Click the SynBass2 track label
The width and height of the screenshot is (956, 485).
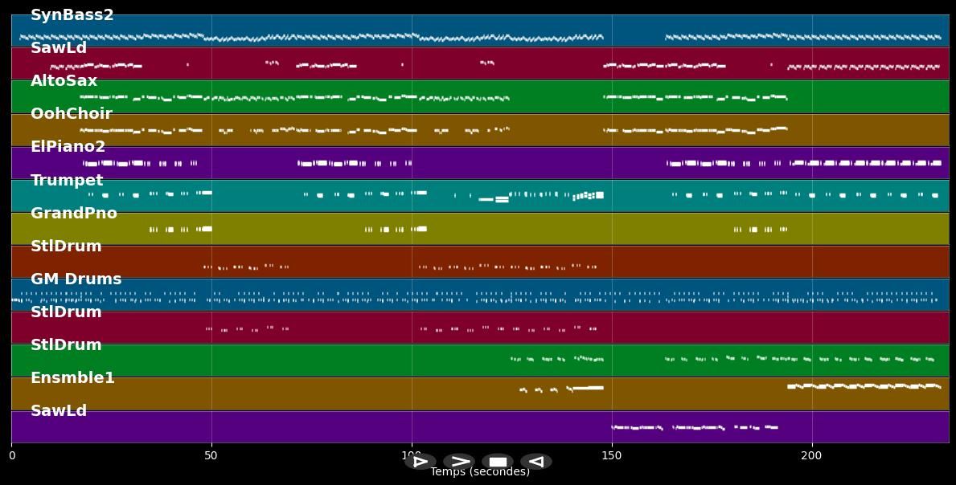tap(72, 15)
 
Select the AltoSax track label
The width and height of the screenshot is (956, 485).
tap(64, 81)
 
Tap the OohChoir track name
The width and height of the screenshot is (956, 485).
tap(71, 114)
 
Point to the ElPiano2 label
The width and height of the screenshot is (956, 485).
tap(68, 147)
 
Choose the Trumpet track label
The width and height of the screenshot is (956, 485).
tap(67, 181)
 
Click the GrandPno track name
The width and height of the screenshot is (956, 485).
tap(73, 214)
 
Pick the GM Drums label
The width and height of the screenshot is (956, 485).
tap(76, 279)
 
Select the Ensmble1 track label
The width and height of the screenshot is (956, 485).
tap(72, 378)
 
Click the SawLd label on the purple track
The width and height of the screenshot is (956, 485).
tap(58, 411)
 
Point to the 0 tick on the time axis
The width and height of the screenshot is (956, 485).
tap(11, 456)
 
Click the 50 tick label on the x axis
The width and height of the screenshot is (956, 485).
tap(211, 456)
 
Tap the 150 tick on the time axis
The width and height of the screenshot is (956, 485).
tap(611, 456)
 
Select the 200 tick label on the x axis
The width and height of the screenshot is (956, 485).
tap(811, 456)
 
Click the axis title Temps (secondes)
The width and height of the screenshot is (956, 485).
tap(480, 472)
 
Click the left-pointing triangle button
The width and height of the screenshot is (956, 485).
tap(535, 462)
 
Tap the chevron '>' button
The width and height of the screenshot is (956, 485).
tap(459, 462)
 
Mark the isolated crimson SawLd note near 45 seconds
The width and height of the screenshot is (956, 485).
tap(187, 64)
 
